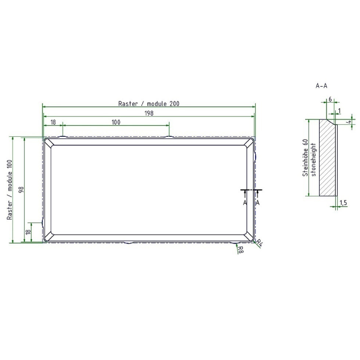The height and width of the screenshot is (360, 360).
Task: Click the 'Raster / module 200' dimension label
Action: [x=149, y=104]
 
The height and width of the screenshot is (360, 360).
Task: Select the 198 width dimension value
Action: [x=149, y=113]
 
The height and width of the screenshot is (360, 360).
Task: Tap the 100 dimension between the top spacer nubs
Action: [x=116, y=122]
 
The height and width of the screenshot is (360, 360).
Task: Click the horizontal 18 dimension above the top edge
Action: [x=53, y=122]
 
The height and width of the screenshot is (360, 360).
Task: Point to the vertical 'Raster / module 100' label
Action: [x=9, y=190]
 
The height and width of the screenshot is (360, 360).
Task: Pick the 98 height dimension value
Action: [x=21, y=189]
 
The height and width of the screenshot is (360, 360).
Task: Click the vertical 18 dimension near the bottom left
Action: [x=28, y=232]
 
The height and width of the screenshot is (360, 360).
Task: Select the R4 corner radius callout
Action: [x=259, y=243]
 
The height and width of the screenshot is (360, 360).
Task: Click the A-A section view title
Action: [x=321, y=86]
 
